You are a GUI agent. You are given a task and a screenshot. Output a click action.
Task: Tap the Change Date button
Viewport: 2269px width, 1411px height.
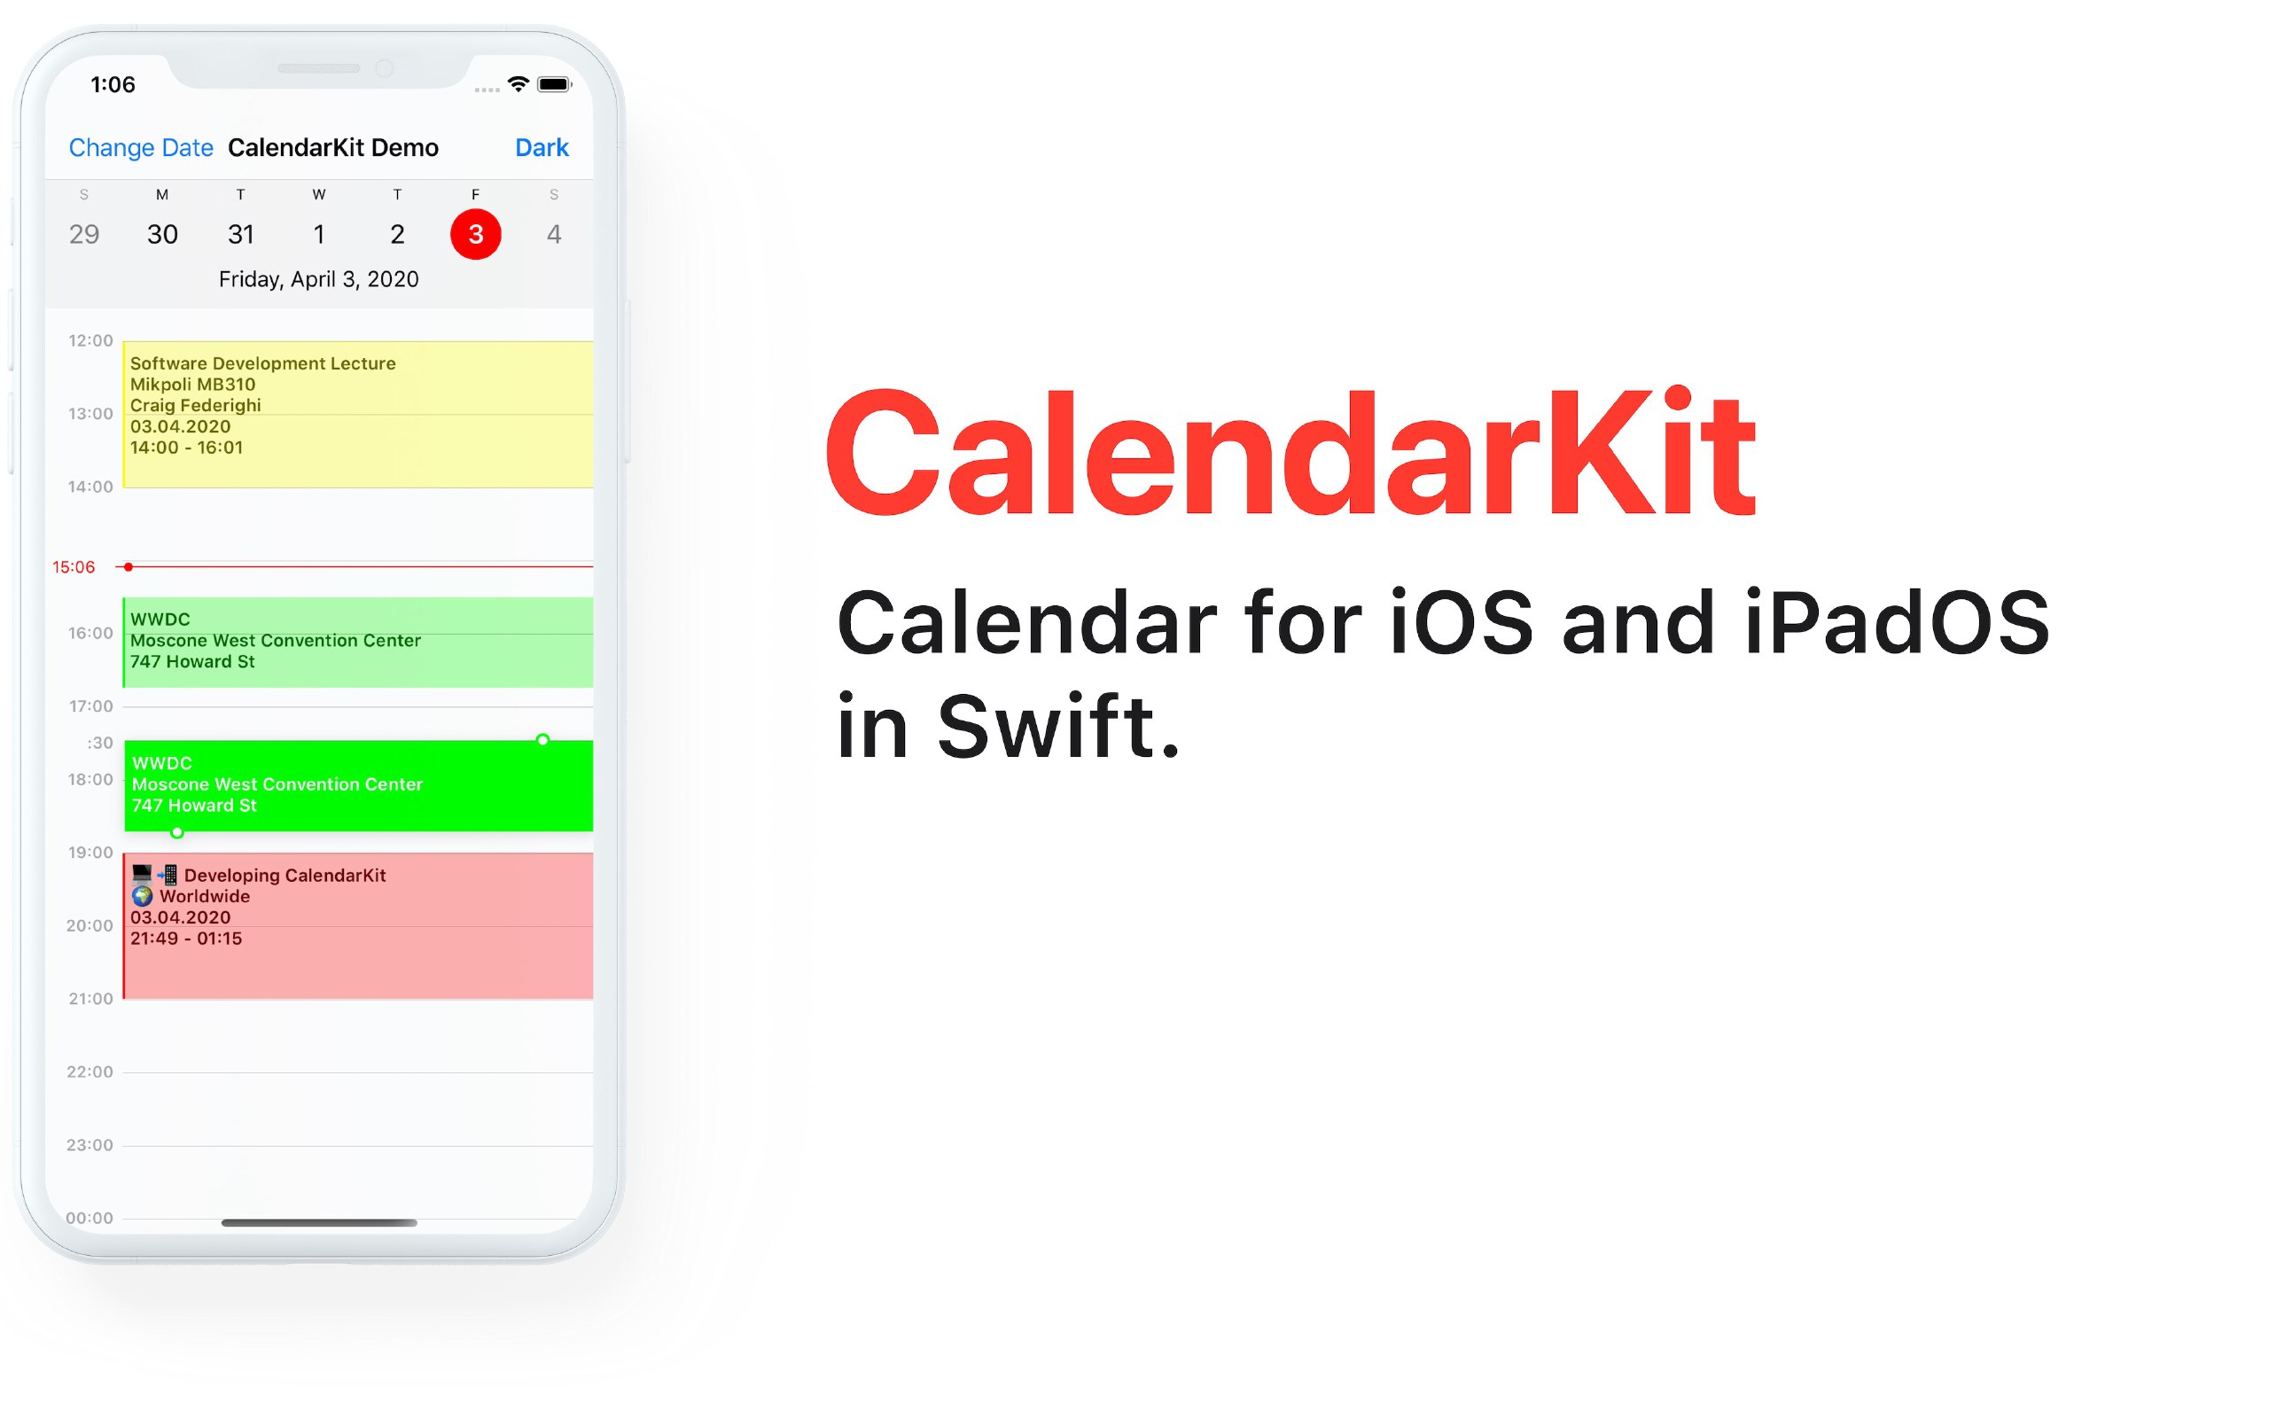[141, 147]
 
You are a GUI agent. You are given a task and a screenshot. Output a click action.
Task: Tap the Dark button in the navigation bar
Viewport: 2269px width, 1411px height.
[542, 147]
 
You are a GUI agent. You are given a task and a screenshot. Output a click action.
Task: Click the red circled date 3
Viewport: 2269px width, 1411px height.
[476, 234]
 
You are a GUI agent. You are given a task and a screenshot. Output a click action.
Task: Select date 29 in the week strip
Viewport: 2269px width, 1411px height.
[84, 234]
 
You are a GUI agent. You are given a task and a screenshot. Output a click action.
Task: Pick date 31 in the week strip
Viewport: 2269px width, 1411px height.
[241, 234]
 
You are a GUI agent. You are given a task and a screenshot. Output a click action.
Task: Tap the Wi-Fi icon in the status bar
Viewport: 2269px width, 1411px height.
[518, 84]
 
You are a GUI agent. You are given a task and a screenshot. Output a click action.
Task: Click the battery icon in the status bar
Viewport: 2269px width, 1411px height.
[554, 84]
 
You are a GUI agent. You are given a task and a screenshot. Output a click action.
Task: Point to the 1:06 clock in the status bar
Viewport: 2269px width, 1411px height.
[113, 85]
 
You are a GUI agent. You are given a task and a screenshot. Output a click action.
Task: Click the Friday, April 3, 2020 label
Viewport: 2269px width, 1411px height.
[319, 279]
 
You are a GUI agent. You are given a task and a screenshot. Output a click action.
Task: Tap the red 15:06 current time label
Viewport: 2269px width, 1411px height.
[74, 567]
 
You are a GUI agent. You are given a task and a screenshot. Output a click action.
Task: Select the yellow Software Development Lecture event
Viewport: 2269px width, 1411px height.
[358, 414]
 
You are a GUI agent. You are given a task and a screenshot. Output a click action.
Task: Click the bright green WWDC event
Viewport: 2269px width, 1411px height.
[359, 786]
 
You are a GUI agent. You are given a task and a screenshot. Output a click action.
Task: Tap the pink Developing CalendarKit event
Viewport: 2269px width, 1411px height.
[358, 925]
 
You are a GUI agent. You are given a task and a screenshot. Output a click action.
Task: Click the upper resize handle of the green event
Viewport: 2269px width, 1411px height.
[543, 740]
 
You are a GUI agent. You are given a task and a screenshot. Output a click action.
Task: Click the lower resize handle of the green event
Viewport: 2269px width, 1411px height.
[177, 832]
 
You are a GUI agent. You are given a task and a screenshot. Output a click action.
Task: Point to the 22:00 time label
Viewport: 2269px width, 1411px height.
[90, 1072]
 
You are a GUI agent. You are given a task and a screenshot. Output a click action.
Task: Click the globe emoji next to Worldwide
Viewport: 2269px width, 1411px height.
[142, 897]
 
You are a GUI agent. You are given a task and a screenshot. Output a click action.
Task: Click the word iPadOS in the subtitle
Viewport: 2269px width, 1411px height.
[1896, 622]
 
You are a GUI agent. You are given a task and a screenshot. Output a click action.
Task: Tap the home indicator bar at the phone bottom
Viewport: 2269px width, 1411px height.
[319, 1222]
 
